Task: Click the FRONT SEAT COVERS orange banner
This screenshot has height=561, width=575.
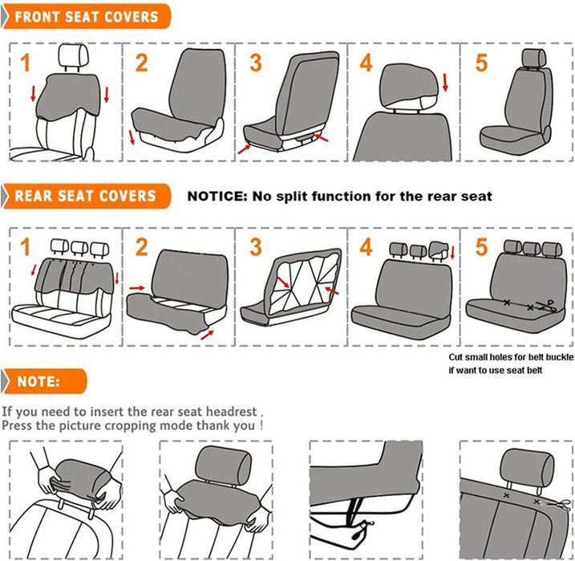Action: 87,17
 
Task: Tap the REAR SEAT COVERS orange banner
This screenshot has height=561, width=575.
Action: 86,196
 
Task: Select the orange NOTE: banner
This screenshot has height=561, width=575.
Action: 44,381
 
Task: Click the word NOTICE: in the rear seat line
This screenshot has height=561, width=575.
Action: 218,197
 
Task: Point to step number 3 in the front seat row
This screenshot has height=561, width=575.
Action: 256,63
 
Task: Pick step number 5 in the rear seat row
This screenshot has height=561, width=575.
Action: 481,247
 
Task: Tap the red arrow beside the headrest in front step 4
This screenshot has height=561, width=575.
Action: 445,83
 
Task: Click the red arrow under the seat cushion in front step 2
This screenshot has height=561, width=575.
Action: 132,137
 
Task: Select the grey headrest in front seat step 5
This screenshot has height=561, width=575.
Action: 533,58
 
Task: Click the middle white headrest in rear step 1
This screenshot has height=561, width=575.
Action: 79,248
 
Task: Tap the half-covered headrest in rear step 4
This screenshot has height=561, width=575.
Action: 439,250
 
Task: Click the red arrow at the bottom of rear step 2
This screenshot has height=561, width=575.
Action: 207,335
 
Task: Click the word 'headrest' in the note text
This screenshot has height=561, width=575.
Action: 231,412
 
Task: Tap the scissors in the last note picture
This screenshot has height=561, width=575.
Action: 560,505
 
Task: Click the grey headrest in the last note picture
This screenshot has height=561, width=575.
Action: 527,467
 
